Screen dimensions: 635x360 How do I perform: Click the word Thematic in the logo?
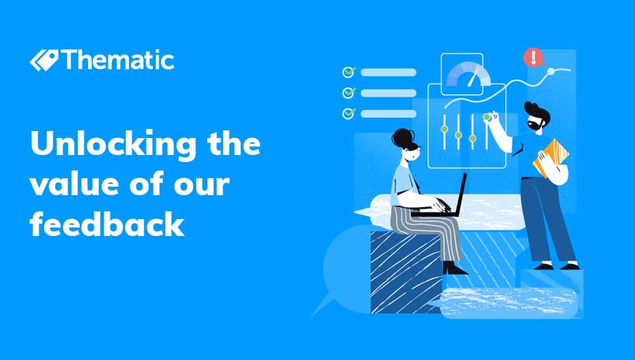118,60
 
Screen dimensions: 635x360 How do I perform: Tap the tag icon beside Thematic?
44,61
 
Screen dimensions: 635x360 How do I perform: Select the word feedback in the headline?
107,223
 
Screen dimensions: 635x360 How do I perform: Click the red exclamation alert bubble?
534,57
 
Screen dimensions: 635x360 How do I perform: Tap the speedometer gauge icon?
468,75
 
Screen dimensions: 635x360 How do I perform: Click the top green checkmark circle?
349,72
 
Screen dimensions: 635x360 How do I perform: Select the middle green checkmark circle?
349,93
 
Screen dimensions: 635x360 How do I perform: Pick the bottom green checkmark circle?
349,113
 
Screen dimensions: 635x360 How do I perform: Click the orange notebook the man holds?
550,157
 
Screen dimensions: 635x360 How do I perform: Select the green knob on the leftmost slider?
444,129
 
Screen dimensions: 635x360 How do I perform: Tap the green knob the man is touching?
486,118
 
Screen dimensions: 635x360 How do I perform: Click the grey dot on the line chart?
550,72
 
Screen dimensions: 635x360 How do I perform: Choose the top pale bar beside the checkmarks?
388,73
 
